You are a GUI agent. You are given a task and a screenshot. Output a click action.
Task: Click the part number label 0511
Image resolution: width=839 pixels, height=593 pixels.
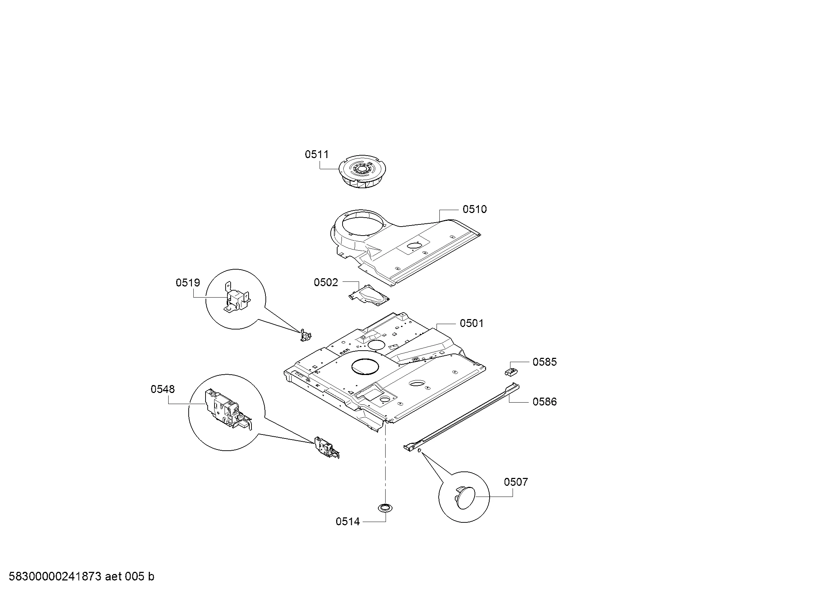[317, 155]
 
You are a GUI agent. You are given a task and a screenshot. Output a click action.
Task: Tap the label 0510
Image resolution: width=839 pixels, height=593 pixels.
[475, 209]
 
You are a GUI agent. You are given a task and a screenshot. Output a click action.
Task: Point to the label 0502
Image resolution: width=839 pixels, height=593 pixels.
[326, 282]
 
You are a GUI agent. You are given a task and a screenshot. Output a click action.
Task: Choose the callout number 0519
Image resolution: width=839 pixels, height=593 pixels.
[188, 283]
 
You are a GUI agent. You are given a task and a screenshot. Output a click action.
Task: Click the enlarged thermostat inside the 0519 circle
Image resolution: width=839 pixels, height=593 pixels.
[237, 297]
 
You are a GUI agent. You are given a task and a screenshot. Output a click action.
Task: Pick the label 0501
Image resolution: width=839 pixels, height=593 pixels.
[472, 323]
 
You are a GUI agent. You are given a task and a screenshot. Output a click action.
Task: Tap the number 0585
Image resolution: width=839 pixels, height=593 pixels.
[545, 362]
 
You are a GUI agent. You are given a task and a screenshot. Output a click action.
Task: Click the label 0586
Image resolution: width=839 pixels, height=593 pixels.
[545, 402]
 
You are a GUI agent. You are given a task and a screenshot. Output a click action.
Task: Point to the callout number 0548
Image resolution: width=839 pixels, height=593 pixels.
[162, 389]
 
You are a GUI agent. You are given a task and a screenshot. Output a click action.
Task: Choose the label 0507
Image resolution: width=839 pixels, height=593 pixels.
[516, 482]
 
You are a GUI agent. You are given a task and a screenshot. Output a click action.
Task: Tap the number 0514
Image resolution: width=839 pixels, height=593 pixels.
[348, 522]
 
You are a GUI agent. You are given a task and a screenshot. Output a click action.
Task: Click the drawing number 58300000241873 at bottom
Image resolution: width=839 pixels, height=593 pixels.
[55, 577]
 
